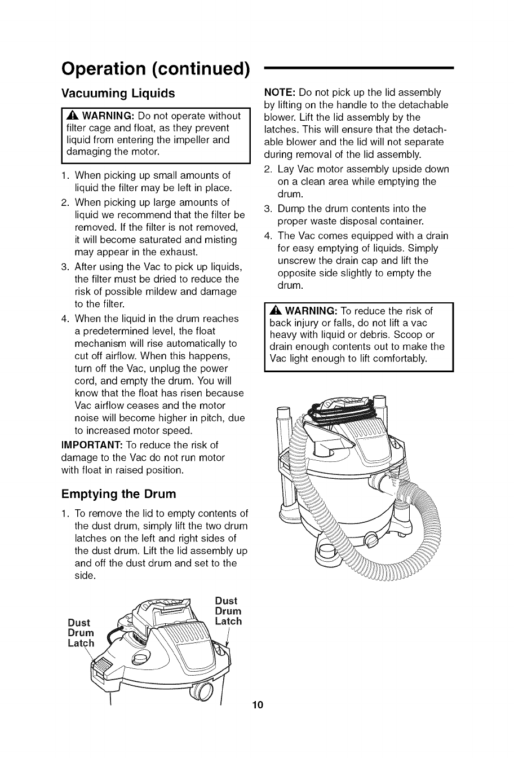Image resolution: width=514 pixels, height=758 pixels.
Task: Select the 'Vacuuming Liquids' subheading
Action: point(118,92)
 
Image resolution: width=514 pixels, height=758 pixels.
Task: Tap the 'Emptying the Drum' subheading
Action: point(118,494)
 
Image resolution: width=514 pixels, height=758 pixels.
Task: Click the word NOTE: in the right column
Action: point(280,92)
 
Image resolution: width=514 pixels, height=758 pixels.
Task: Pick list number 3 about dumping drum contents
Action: point(268,209)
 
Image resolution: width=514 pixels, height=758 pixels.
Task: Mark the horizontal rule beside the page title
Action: point(359,68)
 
